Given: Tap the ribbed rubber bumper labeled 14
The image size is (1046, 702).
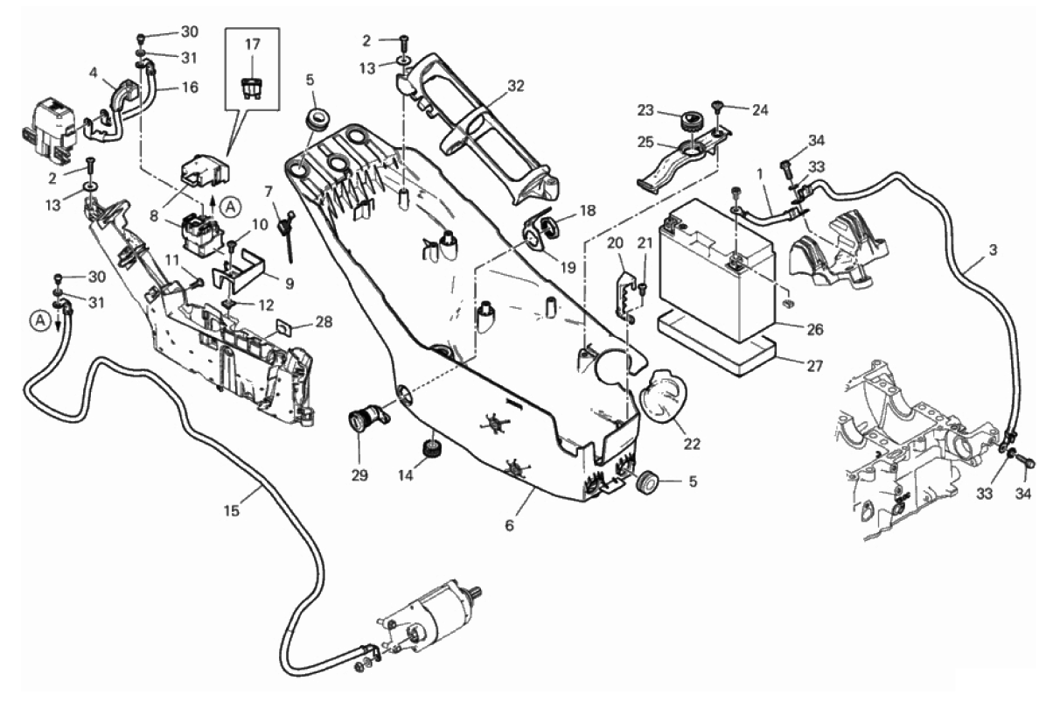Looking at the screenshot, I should coord(430,448).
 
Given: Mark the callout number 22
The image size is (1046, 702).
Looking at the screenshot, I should coord(692,445).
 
